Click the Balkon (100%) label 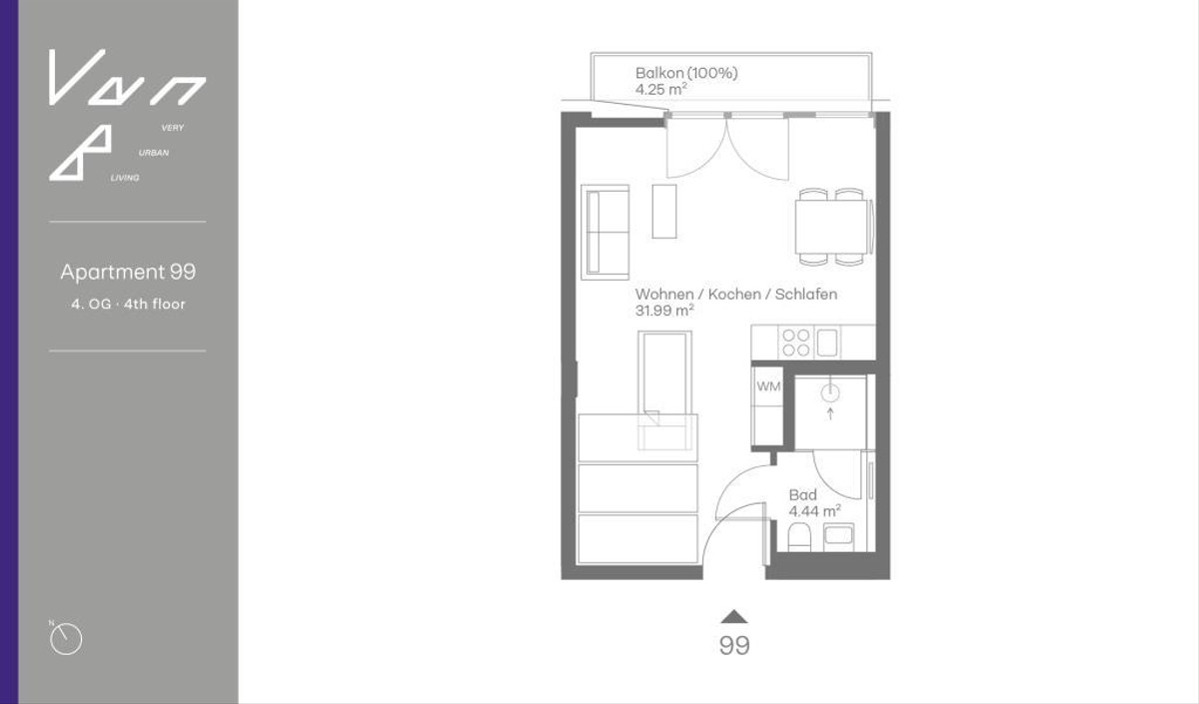click(686, 73)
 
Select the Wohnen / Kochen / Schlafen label click(735, 295)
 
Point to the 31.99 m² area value click(664, 311)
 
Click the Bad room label click(802, 495)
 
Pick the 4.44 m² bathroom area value click(814, 510)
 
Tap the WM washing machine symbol click(767, 386)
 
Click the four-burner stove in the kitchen click(796, 343)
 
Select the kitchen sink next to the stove click(826, 343)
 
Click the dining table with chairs click(833, 227)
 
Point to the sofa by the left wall click(605, 230)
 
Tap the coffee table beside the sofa click(664, 211)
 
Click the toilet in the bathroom click(800, 540)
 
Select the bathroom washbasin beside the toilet click(838, 536)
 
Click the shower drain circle click(829, 391)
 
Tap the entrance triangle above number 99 click(734, 616)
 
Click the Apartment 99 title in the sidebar click(128, 272)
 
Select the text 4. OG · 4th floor click(128, 304)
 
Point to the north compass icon click(66, 638)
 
